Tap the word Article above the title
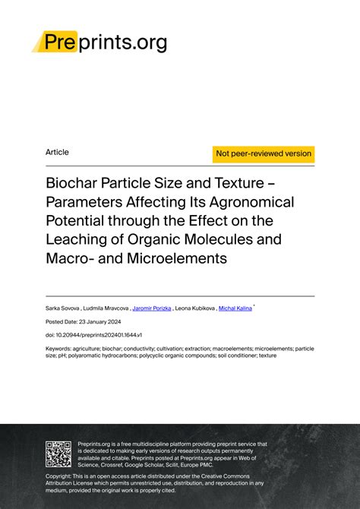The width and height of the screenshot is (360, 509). click(57, 152)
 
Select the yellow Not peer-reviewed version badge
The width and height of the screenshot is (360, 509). click(264, 153)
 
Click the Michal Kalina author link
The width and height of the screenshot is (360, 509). click(235, 308)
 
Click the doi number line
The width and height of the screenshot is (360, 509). click(94, 335)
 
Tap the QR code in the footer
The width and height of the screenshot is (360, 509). click(58, 454)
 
